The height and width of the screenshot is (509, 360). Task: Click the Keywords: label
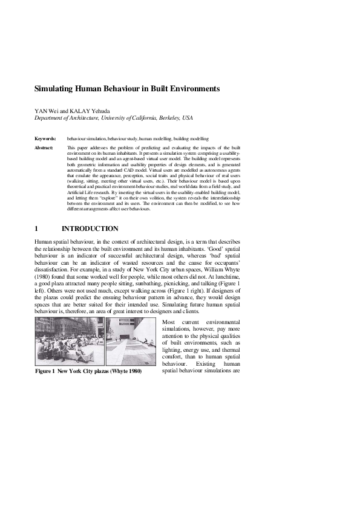coord(45,138)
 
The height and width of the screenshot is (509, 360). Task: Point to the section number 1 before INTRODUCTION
coord(37,229)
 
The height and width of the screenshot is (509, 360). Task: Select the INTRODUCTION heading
coord(90,229)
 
